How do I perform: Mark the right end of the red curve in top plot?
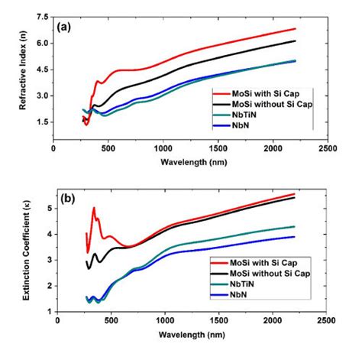295,29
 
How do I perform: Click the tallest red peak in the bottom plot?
94,208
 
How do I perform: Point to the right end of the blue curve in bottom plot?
294,236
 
